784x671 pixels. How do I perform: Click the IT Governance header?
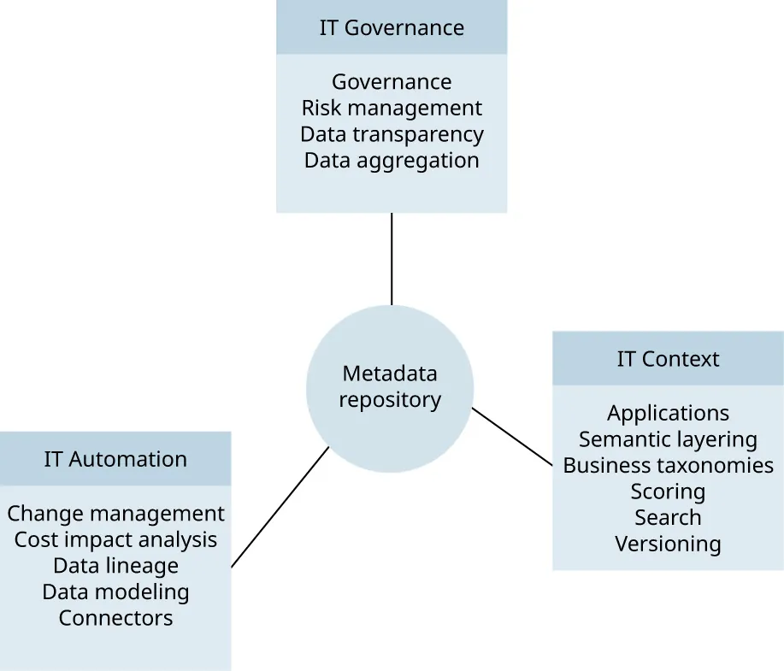[x=392, y=27]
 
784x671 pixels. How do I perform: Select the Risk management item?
[x=392, y=109]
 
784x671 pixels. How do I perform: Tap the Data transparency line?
[x=392, y=134]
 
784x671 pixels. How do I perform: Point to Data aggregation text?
[x=392, y=160]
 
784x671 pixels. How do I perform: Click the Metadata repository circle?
[x=390, y=386]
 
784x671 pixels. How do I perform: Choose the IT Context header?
[x=668, y=359]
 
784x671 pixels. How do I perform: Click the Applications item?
[x=668, y=414]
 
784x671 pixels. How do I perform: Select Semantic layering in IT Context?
[x=668, y=439]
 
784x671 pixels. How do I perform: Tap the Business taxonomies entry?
[x=668, y=466]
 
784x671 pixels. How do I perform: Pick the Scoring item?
[x=668, y=491]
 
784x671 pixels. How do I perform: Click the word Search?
[x=668, y=517]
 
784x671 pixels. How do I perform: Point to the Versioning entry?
[x=668, y=544]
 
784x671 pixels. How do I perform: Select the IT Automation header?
[x=115, y=459]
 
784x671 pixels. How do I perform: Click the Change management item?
[x=115, y=514]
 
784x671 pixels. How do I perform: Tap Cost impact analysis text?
[x=115, y=539]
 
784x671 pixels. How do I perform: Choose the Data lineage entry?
[x=115, y=566]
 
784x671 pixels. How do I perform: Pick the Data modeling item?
[x=115, y=592]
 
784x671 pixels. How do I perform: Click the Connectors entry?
[x=115, y=618]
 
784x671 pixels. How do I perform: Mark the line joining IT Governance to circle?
[x=392, y=258]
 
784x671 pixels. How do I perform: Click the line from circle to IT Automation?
[x=280, y=506]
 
